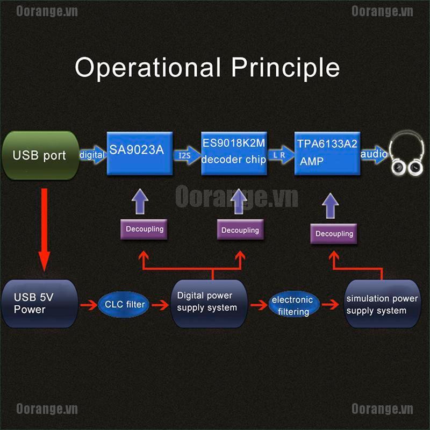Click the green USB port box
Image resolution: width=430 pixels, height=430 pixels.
click(41, 155)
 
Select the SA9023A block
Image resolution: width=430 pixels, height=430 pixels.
click(140, 153)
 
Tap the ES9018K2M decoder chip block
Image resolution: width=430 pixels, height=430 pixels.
click(234, 153)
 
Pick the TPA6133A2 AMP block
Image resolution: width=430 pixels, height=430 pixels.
click(327, 153)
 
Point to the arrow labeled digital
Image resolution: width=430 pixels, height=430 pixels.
click(92, 155)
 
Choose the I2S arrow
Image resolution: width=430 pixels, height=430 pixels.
click(187, 155)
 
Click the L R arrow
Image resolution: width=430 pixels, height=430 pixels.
click(281, 155)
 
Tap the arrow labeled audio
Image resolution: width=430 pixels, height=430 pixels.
click(374, 154)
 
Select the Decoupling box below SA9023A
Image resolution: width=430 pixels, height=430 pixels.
click(144, 229)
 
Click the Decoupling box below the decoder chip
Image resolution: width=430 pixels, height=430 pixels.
click(240, 230)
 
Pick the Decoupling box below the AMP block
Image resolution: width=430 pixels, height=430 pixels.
click(334, 234)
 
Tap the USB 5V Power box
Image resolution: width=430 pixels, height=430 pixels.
click(40, 304)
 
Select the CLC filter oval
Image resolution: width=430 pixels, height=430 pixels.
click(124, 304)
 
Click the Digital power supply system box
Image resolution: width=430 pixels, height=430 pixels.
click(209, 304)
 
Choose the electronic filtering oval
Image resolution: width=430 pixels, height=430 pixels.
click(294, 304)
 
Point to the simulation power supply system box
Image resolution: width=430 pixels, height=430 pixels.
click(382, 304)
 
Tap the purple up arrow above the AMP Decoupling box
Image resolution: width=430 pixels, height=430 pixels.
click(330, 206)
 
